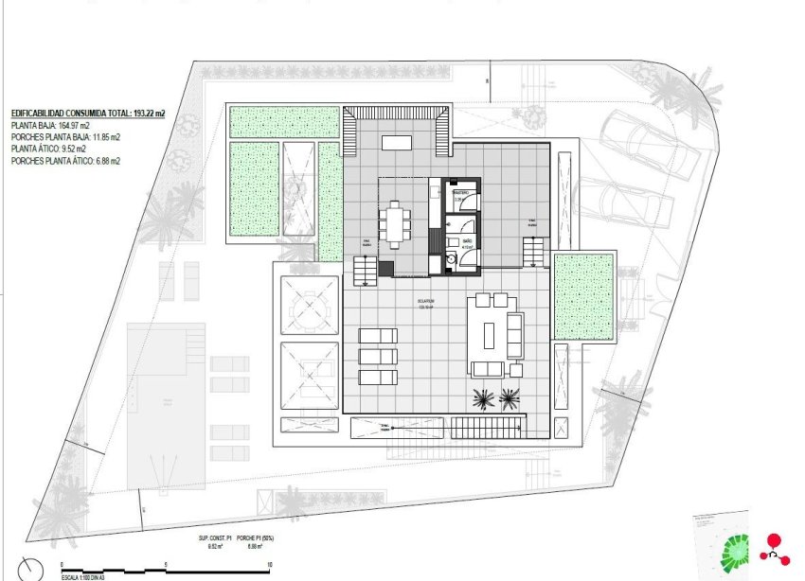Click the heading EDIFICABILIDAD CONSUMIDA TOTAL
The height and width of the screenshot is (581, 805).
87,113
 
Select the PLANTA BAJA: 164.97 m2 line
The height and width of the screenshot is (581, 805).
50,125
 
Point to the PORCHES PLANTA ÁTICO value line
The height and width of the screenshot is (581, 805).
65,162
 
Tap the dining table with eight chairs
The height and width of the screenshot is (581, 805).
395,224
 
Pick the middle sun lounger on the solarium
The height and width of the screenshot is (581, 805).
378,356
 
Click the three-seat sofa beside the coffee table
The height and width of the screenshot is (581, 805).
515,335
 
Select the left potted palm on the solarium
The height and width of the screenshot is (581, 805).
484,398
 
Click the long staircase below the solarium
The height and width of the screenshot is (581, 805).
487,428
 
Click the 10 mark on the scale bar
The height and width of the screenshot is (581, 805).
270,563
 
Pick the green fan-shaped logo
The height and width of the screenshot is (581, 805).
735,549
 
